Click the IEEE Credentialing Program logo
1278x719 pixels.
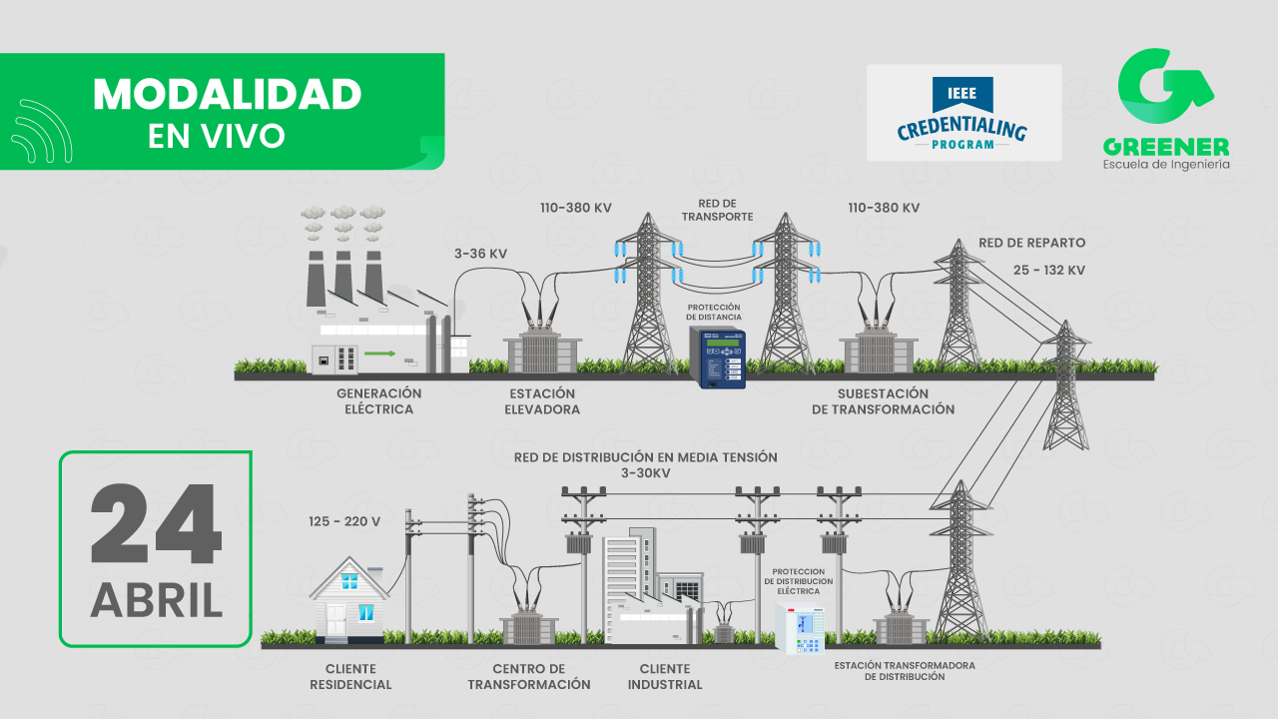click(x=963, y=113)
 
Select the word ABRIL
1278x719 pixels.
click(x=156, y=600)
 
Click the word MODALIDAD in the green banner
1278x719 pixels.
click(x=228, y=95)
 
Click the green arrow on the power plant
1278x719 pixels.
click(x=378, y=353)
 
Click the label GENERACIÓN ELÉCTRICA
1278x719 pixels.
click(x=378, y=401)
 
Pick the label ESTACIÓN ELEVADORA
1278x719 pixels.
click(x=541, y=401)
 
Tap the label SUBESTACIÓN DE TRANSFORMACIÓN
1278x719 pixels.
click(x=883, y=401)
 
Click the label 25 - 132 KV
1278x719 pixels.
click(x=1049, y=271)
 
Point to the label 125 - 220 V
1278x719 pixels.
click(x=344, y=521)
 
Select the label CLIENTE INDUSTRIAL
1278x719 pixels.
click(x=664, y=676)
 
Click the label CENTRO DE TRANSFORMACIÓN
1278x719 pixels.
click(x=529, y=676)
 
